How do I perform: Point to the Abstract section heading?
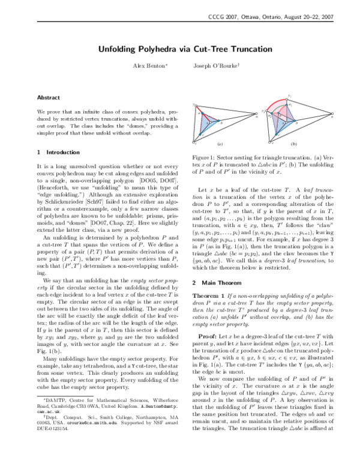[x=48, y=97]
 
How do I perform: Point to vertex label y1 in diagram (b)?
[x=290, y=95]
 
